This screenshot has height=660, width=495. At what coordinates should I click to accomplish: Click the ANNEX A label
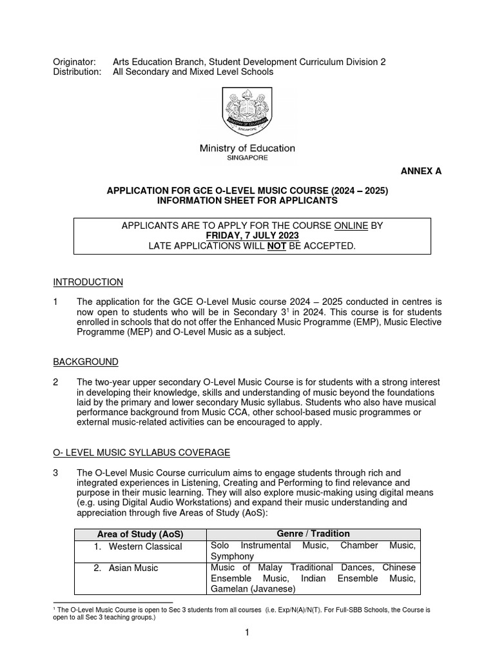pyautogui.click(x=422, y=171)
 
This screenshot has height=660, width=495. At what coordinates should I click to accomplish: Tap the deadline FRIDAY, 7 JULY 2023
pyautogui.click(x=247, y=237)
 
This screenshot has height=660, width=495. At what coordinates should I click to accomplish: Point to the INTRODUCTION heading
pyautogui.click(x=88, y=282)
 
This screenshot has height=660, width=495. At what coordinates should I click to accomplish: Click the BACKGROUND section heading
pyautogui.click(x=86, y=362)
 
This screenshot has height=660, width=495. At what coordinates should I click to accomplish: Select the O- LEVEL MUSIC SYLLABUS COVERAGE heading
pyautogui.click(x=141, y=452)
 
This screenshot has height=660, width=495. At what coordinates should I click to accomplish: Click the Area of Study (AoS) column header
pyautogui.click(x=140, y=534)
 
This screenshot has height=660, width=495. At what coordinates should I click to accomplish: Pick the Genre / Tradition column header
pyautogui.click(x=313, y=534)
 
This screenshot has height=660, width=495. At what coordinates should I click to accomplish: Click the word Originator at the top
pyautogui.click(x=73, y=61)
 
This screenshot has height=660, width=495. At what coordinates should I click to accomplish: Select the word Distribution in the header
pyautogui.click(x=77, y=72)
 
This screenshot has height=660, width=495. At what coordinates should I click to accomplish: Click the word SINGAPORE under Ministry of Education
pyautogui.click(x=247, y=157)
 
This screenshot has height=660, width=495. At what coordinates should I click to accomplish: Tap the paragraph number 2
pyautogui.click(x=55, y=383)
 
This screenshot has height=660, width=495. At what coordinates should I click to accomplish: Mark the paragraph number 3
pyautogui.click(x=55, y=472)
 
